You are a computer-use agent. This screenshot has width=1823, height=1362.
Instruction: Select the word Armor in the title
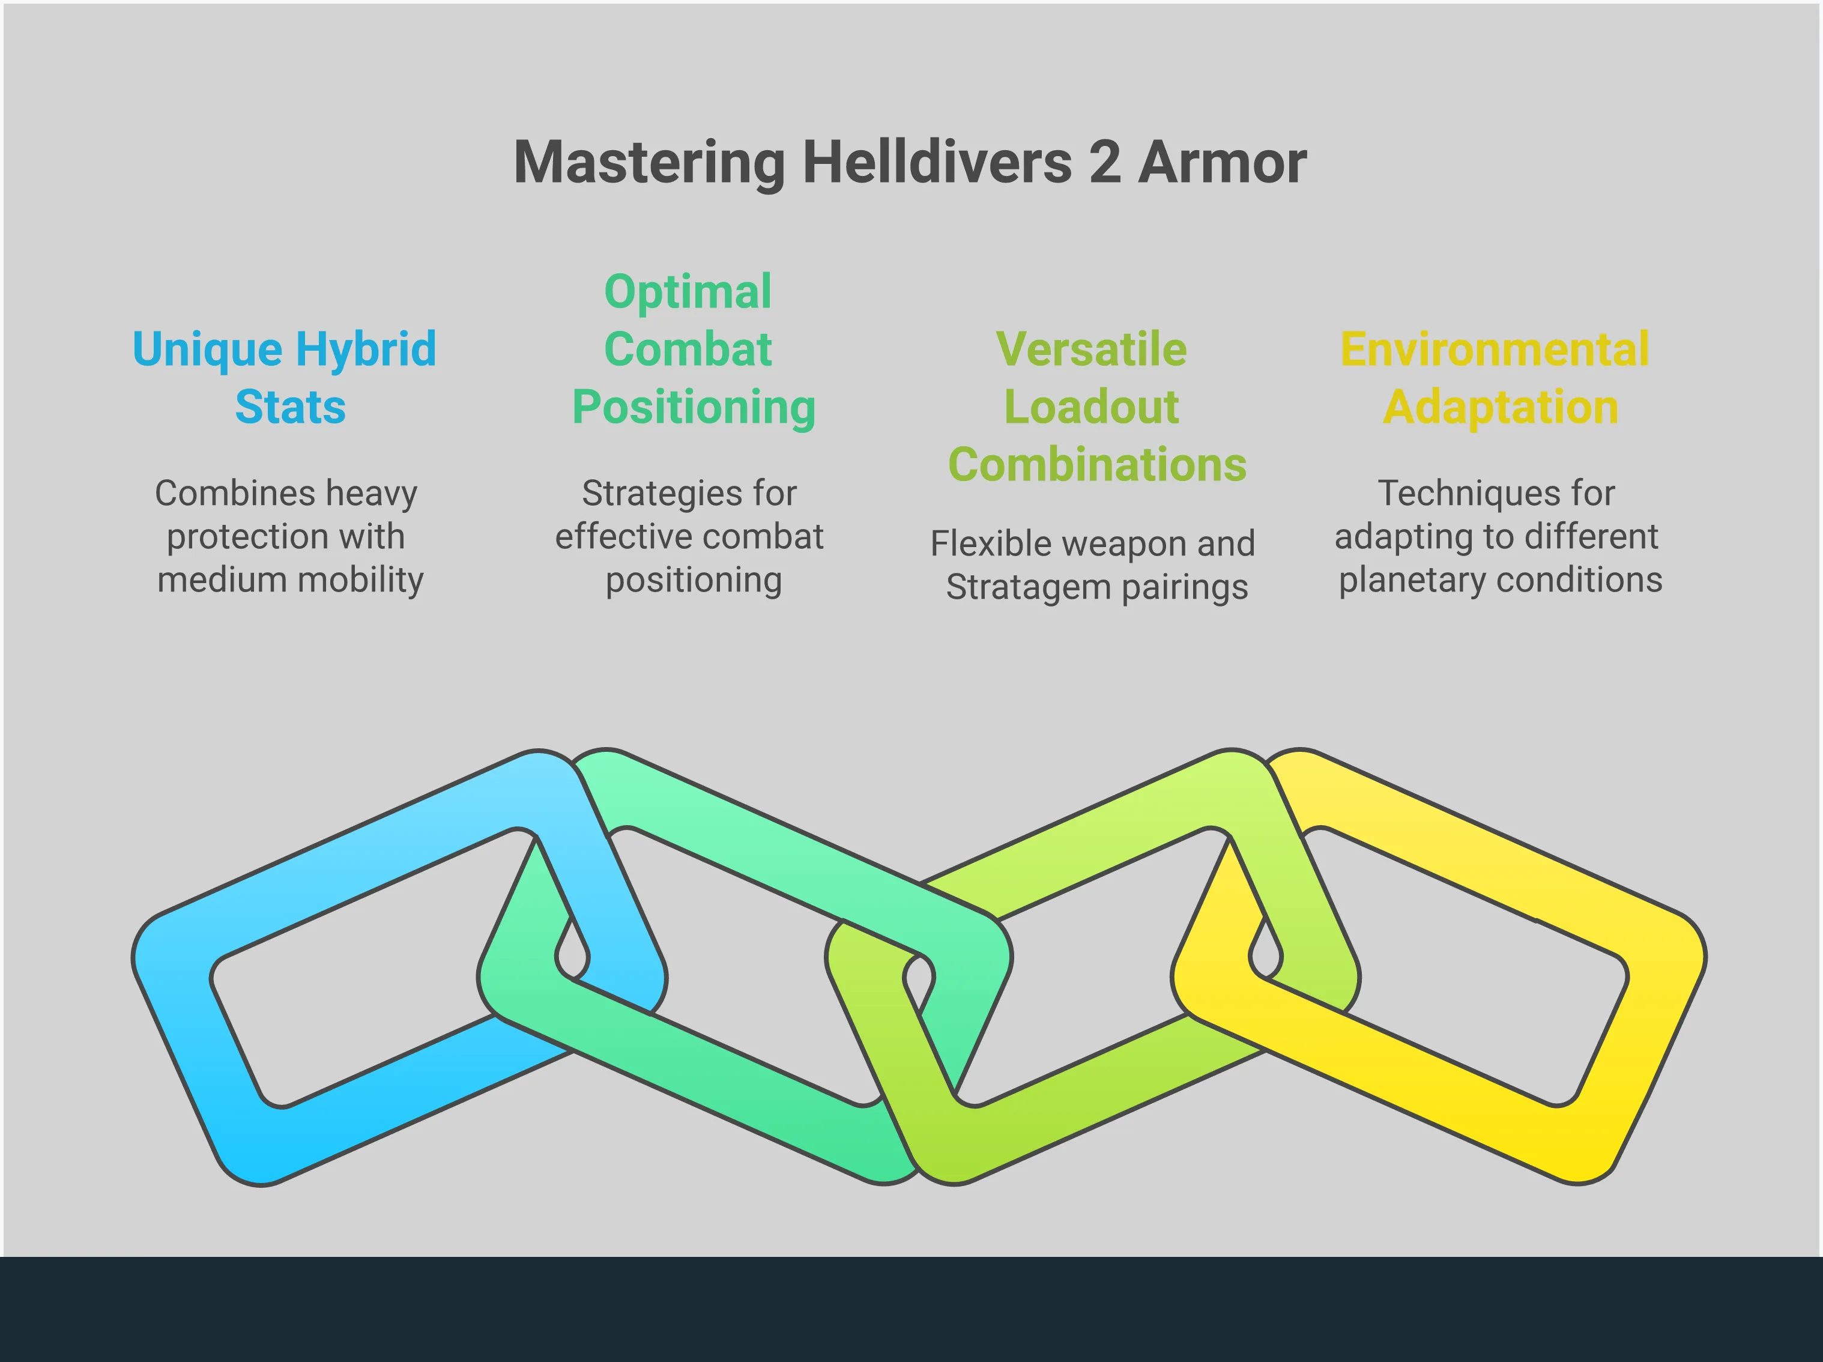pyautogui.click(x=1223, y=162)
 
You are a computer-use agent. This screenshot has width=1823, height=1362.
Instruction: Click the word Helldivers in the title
pyautogui.click(x=937, y=162)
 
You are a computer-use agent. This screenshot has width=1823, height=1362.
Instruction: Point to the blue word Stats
pyautogui.click(x=290, y=407)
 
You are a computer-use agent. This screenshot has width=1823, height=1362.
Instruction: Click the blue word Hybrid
pyautogui.click(x=366, y=350)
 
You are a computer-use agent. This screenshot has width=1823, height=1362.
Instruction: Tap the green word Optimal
pyautogui.click(x=688, y=292)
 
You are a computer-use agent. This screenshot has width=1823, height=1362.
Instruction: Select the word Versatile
pyautogui.click(x=1091, y=349)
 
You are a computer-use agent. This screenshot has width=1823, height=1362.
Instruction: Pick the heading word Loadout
pyautogui.click(x=1091, y=407)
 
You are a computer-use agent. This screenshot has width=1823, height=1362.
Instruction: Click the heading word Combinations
pyautogui.click(x=1097, y=464)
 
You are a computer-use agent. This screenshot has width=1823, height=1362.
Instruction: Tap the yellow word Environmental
pyautogui.click(x=1495, y=349)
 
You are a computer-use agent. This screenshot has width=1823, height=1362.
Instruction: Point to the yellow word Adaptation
pyautogui.click(x=1501, y=407)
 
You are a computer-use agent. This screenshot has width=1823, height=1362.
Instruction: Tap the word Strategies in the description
pyautogui.click(x=650, y=493)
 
